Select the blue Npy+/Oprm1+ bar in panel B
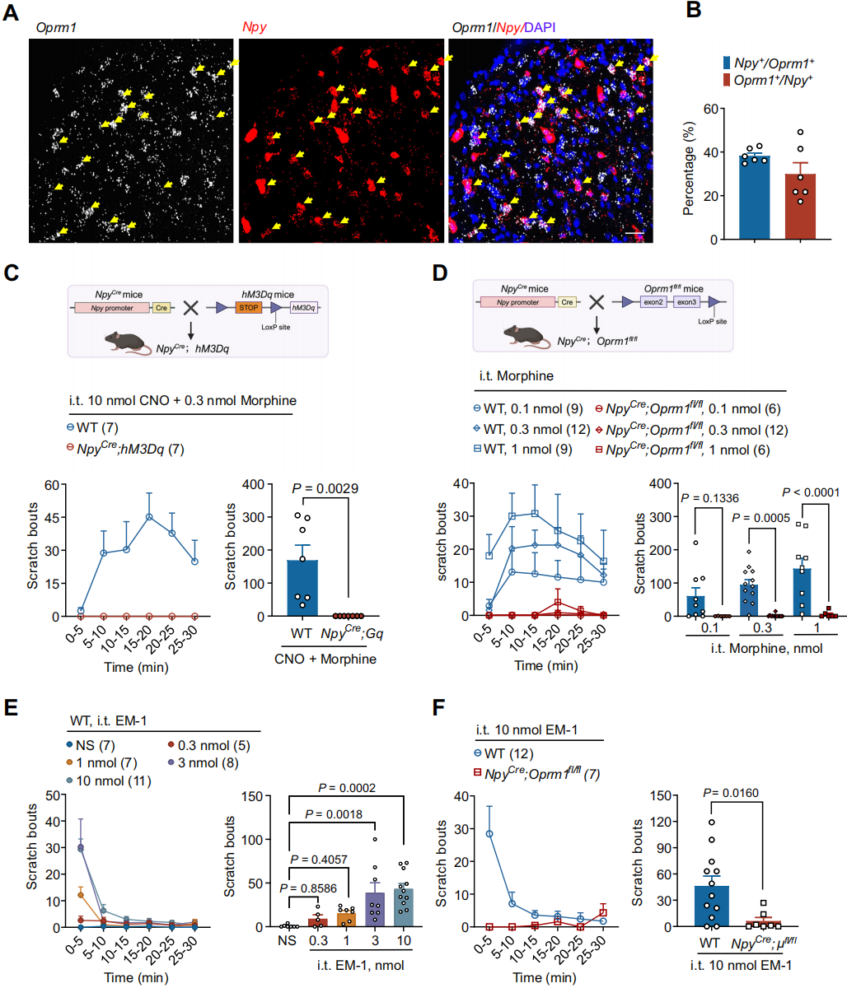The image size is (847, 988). pyautogui.click(x=754, y=198)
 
